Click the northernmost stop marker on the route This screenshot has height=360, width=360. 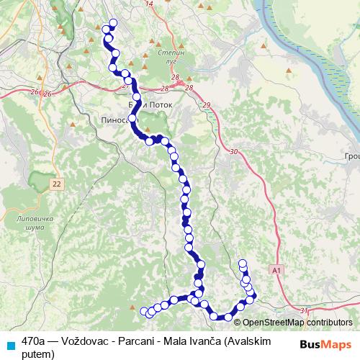point(112,22)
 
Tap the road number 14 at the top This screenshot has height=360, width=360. point(150,4)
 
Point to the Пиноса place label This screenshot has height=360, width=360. point(116,120)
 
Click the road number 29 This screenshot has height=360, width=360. point(207,106)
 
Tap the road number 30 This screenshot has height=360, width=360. point(233,152)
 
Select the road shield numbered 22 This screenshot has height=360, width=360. point(57,185)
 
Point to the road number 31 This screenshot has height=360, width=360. point(304,310)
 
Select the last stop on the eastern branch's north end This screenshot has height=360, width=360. point(243,264)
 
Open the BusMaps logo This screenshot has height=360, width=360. point(326,343)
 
